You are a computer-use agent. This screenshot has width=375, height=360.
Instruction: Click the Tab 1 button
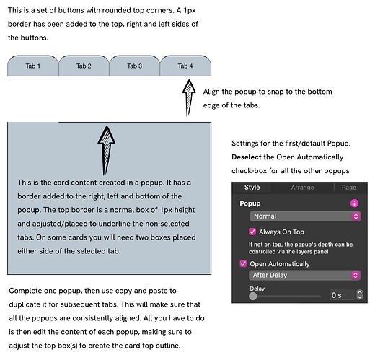click(33, 66)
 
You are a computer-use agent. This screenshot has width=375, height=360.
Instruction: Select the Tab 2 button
click(84, 66)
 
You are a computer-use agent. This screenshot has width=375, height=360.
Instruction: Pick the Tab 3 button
click(134, 66)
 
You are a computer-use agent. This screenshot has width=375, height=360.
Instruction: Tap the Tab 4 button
click(185, 66)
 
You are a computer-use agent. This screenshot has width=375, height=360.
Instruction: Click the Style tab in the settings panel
click(252, 188)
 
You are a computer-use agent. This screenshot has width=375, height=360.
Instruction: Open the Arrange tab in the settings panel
click(302, 188)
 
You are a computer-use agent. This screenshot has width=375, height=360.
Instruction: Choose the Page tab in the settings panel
click(349, 188)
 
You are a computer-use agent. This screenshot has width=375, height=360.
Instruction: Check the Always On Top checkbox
click(252, 232)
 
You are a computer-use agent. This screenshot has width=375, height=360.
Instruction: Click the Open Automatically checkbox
click(243, 263)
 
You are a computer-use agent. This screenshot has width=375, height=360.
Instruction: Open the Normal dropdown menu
click(305, 216)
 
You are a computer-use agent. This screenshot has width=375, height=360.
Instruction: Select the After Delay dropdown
click(304, 275)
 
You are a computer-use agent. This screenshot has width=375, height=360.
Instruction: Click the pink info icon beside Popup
click(354, 203)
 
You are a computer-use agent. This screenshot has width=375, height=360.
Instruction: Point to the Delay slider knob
click(252, 296)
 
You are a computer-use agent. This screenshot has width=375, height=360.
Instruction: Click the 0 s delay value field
click(342, 295)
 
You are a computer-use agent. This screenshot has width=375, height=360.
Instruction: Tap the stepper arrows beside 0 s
click(360, 295)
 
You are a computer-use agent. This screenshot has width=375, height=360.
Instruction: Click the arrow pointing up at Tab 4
click(189, 98)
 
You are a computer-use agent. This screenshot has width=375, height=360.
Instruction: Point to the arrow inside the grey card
click(106, 151)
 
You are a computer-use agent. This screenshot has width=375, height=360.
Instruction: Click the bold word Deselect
click(247, 157)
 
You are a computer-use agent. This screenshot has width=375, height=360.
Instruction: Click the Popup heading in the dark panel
click(250, 203)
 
